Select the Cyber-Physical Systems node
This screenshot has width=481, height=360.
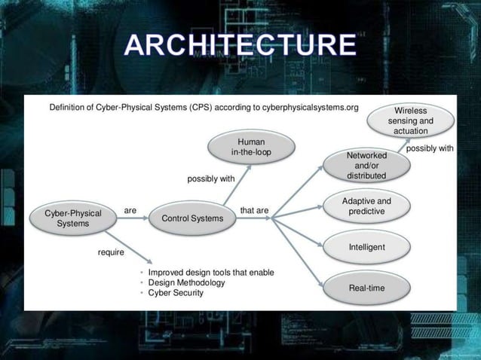(x=72, y=218)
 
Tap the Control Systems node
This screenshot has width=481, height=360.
(x=187, y=218)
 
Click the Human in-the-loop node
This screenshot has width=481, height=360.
(x=250, y=147)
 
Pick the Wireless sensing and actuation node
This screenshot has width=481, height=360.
(x=411, y=121)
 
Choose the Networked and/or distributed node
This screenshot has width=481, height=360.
(x=366, y=166)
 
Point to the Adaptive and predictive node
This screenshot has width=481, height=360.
(x=366, y=206)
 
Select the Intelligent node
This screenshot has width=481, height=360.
(x=366, y=247)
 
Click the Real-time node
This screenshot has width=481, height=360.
(x=366, y=288)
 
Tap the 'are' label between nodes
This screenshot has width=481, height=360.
(x=130, y=211)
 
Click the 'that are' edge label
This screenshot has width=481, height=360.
(x=254, y=211)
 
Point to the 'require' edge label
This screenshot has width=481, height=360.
(x=111, y=253)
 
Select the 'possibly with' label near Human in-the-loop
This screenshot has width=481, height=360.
(x=211, y=179)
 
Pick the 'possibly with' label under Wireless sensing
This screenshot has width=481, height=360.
(x=430, y=149)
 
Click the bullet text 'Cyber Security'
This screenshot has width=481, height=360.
(x=176, y=293)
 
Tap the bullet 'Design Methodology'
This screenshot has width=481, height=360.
(x=186, y=282)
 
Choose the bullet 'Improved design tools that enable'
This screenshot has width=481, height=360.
(x=211, y=272)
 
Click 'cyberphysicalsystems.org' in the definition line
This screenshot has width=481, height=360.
(x=310, y=108)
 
